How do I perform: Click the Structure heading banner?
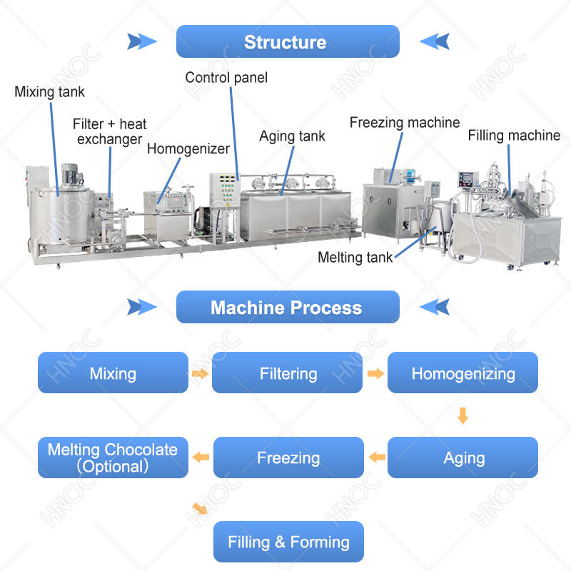point(288,41)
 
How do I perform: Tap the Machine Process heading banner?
point(288,307)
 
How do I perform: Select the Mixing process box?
point(113,373)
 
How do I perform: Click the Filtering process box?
point(287,373)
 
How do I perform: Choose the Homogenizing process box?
point(463,373)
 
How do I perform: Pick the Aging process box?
point(463,458)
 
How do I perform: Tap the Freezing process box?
point(288,458)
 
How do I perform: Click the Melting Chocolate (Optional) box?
point(113,458)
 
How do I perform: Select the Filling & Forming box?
point(288,542)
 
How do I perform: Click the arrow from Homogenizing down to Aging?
point(463,415)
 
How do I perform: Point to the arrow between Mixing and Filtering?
point(200,373)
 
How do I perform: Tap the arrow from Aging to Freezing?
point(377,457)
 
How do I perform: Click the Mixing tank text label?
point(49,92)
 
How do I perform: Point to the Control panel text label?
point(226,78)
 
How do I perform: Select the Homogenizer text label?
point(188,149)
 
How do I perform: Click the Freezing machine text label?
point(405,123)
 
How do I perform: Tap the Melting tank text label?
point(355,258)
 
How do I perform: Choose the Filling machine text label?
point(514,136)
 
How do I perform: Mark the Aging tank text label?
point(292,136)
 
